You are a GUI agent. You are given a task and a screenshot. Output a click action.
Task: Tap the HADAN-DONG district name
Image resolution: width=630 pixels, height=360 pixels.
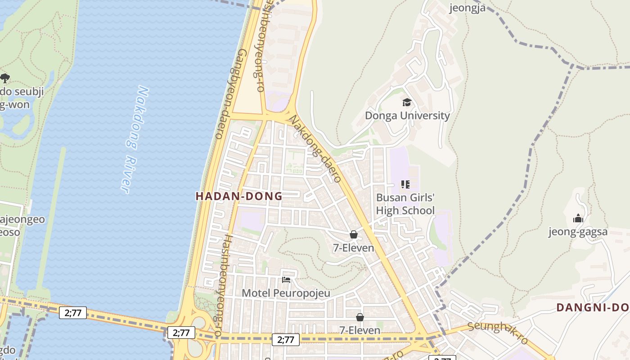239,196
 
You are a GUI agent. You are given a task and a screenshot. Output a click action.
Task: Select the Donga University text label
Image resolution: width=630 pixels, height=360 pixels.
407,116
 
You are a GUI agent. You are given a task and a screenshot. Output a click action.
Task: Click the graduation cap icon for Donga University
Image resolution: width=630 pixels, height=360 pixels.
407,103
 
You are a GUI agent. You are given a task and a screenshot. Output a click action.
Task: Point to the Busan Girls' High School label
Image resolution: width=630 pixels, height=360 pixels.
405,204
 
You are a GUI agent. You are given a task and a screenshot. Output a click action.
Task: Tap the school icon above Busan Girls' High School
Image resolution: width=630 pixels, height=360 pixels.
405,184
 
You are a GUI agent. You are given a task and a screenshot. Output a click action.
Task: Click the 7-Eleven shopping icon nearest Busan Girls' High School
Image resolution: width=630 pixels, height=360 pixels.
354,234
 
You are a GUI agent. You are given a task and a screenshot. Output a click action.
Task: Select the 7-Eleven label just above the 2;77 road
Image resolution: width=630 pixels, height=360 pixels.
360,330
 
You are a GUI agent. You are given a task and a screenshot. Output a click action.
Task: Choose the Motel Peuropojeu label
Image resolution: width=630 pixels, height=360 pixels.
286,293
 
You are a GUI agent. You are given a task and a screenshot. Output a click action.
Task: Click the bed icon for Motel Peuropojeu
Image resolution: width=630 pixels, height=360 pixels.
286,279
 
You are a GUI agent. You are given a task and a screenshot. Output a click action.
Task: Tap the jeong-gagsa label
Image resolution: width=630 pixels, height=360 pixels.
578,232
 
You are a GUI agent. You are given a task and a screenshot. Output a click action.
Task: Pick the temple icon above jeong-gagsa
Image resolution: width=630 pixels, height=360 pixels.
578,219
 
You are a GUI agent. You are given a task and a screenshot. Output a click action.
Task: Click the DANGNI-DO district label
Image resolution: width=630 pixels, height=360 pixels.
592,307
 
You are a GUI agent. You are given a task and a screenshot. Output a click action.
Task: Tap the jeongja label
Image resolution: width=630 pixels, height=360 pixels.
468,8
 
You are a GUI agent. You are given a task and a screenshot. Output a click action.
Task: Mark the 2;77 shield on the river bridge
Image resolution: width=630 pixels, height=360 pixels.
73,312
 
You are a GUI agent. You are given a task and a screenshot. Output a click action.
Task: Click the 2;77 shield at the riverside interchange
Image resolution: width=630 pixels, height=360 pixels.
181,333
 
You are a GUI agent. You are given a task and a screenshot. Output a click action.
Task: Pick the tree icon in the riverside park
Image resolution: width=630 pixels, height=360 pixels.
5,78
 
